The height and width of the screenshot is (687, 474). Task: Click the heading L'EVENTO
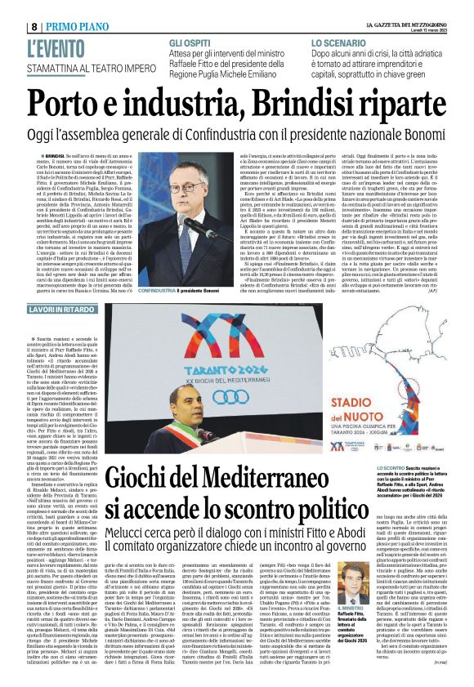pos(56,46)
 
